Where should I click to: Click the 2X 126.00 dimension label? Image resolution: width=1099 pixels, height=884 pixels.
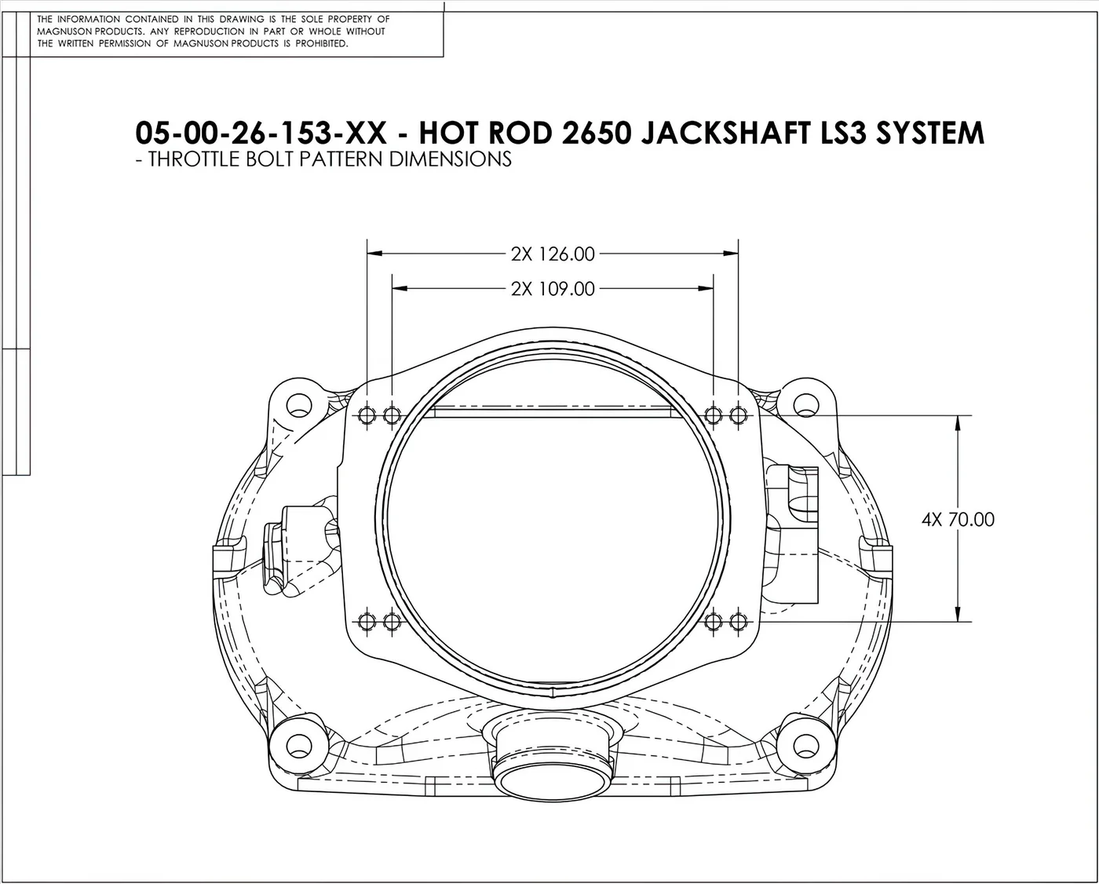tap(553, 254)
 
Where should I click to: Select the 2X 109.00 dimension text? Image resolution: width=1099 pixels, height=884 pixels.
tap(553, 289)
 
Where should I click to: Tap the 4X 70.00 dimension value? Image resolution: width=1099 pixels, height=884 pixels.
tap(958, 520)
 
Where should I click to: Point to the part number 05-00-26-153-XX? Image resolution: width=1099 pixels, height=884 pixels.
tap(261, 133)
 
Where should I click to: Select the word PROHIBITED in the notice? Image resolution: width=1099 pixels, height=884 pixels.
tap(322, 44)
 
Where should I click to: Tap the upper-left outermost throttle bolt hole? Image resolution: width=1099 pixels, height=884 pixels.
tap(367, 415)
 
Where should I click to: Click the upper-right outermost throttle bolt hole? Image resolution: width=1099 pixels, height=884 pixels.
tap(738, 415)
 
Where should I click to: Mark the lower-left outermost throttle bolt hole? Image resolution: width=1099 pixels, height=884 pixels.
tap(367, 622)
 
